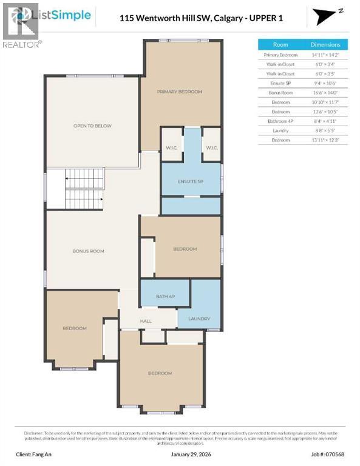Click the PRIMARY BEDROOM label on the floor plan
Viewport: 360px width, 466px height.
click(x=179, y=92)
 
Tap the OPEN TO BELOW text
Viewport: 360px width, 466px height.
click(x=92, y=126)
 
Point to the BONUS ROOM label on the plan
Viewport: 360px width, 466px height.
click(x=89, y=251)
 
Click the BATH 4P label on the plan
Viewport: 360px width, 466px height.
click(x=165, y=296)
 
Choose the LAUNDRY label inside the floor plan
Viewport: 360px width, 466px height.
click(x=199, y=319)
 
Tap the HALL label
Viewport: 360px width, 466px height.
click(x=146, y=322)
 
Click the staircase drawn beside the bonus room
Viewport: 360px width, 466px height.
click(x=84, y=189)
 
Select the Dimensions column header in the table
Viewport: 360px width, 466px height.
click(x=325, y=44)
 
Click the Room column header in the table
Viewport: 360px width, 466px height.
click(x=280, y=44)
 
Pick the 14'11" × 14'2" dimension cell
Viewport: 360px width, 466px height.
click(x=325, y=55)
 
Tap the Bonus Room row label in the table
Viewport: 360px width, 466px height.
click(x=280, y=93)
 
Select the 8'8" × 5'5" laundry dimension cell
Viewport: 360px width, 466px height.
click(x=325, y=130)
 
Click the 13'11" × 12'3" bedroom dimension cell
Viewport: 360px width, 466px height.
click(x=325, y=140)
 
